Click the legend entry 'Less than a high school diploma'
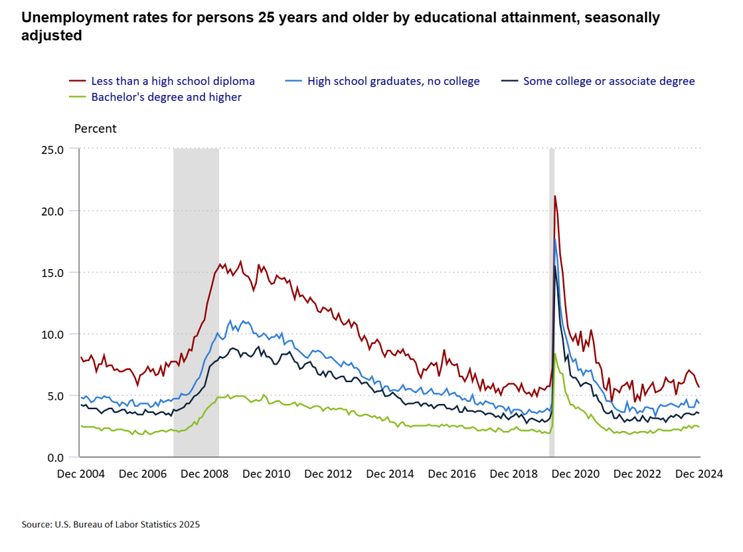[173, 81]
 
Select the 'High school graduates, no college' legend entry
[393, 81]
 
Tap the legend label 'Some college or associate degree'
[609, 81]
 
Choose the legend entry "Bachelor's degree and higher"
[166, 96]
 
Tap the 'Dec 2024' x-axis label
[699, 474]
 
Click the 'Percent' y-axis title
[95, 129]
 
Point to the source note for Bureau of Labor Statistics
[110, 524]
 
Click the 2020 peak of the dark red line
[555, 196]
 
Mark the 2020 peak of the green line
[555, 353]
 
